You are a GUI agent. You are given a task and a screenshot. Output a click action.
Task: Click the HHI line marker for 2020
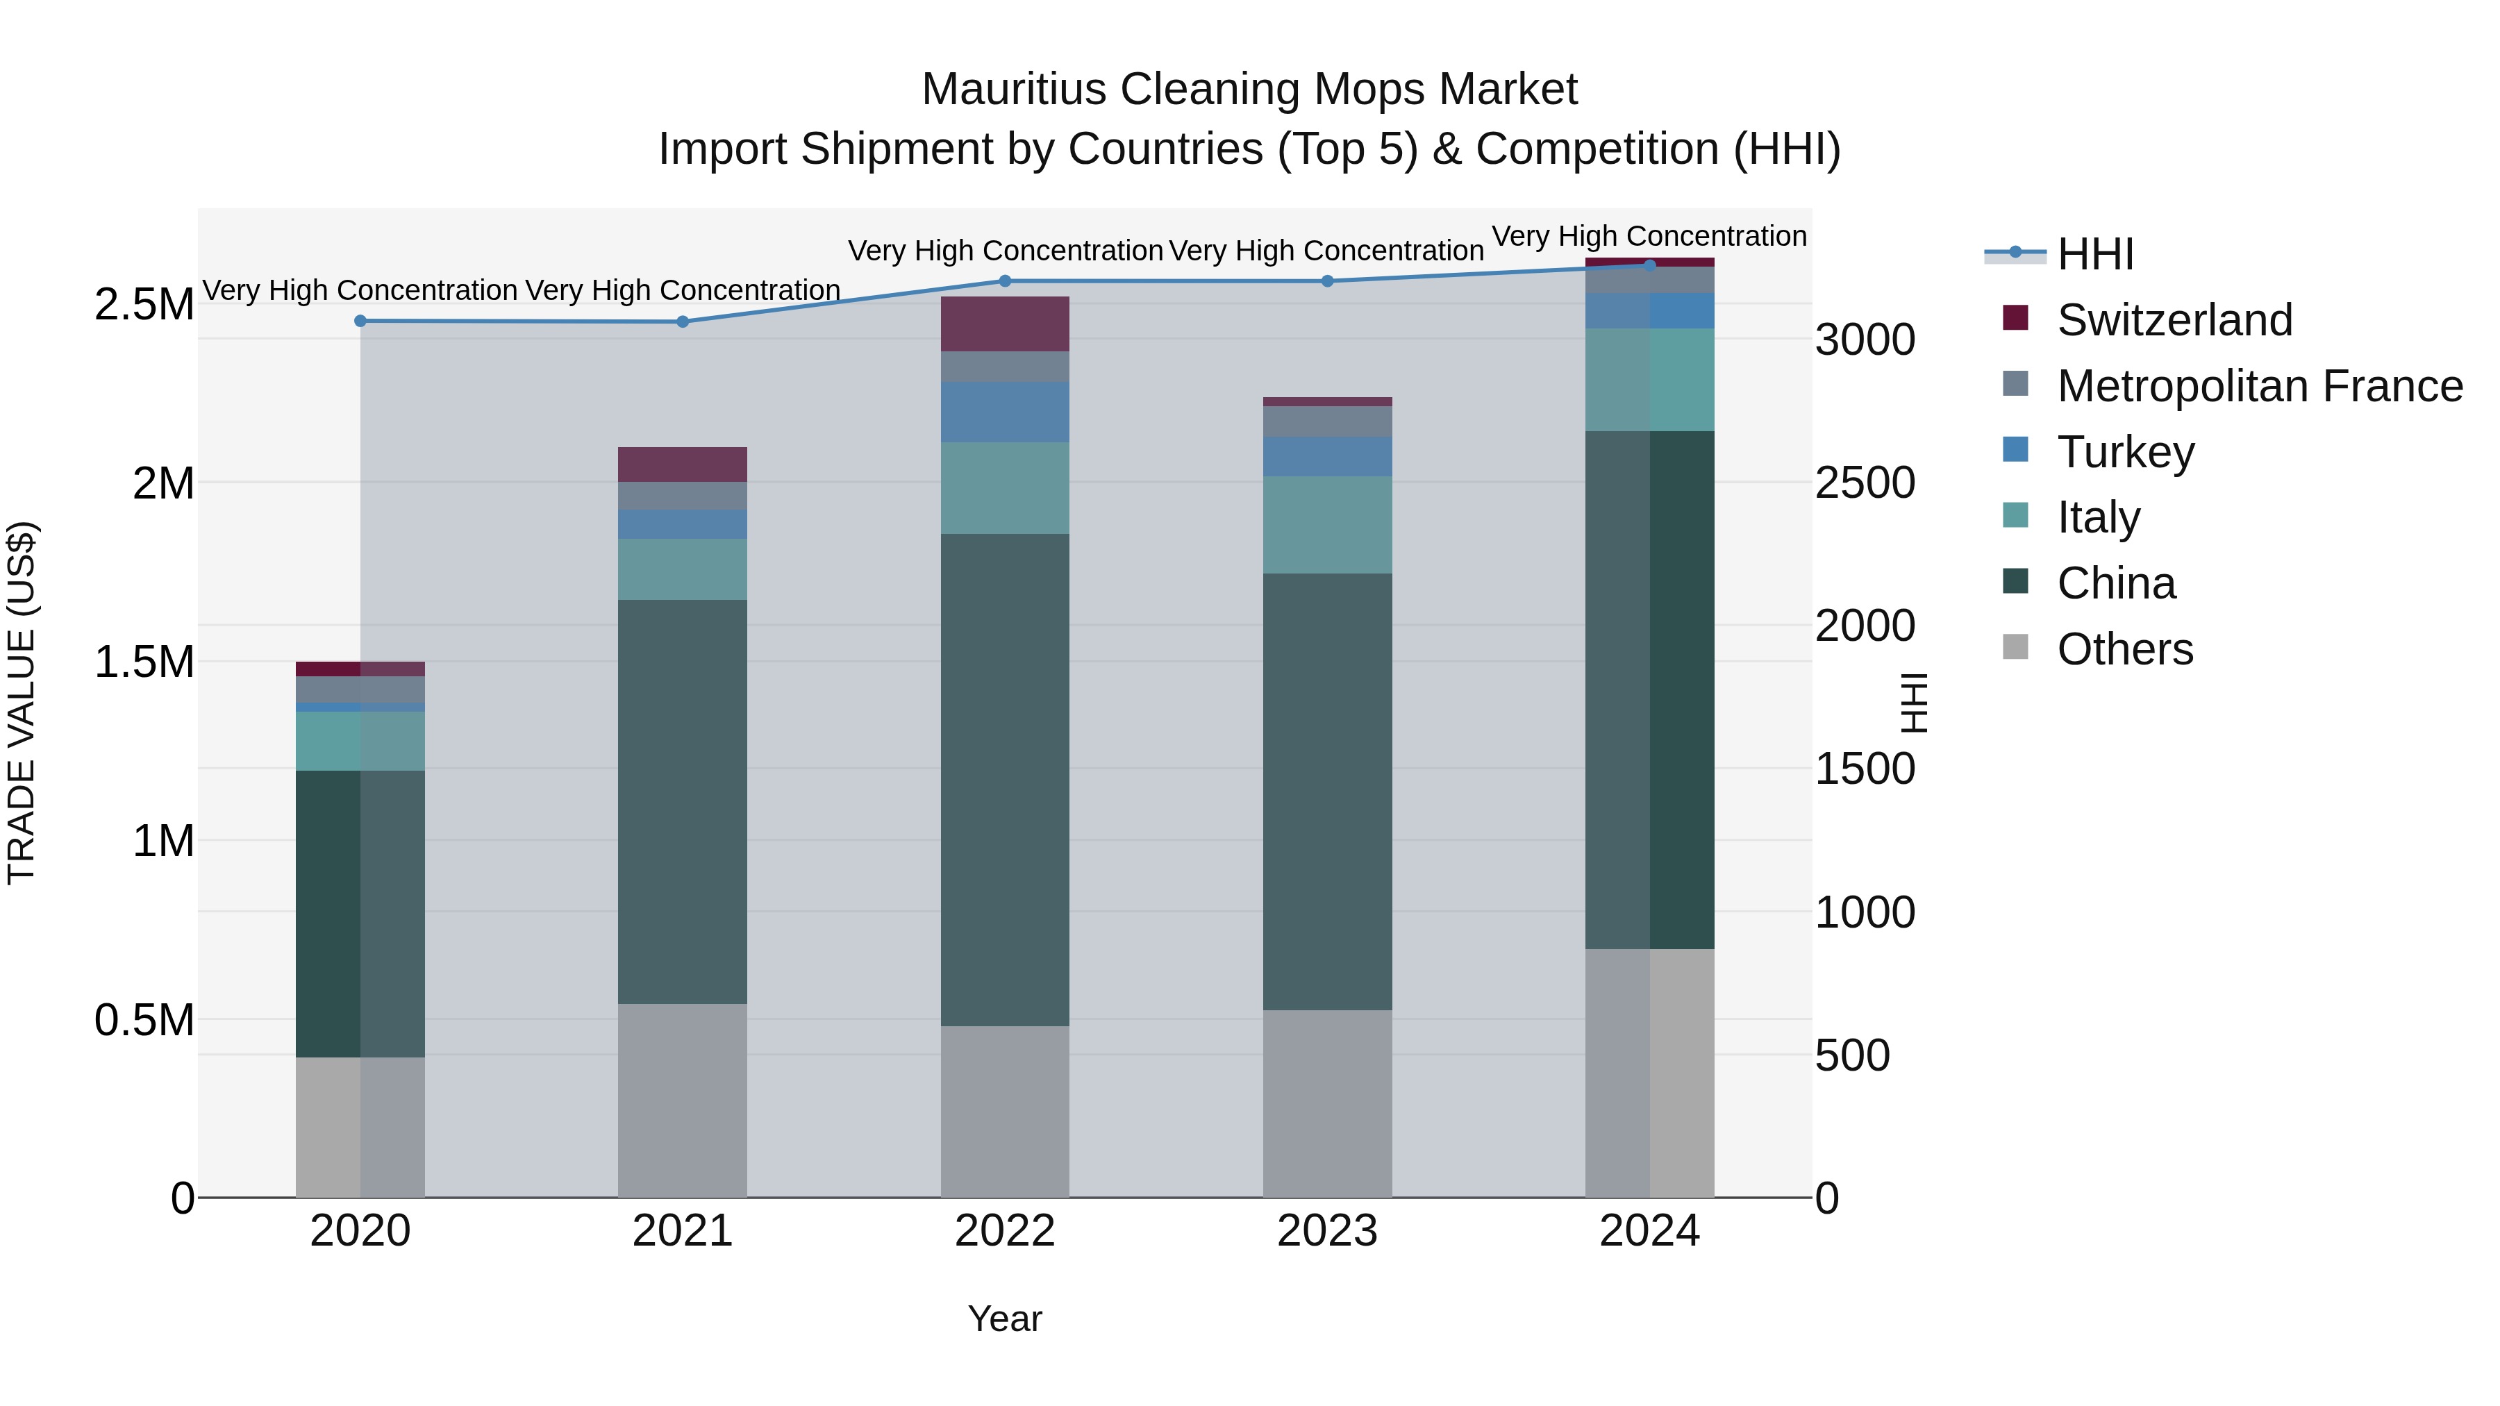pyautogui.click(x=360, y=321)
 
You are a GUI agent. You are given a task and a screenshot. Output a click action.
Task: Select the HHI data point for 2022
pyautogui.click(x=1004, y=281)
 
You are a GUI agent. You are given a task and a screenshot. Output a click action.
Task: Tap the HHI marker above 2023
pyautogui.click(x=1326, y=281)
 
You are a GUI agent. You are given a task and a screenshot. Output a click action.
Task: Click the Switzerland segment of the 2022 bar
pyautogui.click(x=1004, y=324)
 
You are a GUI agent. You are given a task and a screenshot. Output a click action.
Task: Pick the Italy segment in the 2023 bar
pyautogui.click(x=1326, y=524)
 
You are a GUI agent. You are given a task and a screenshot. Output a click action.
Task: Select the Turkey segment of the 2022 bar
pyautogui.click(x=1004, y=412)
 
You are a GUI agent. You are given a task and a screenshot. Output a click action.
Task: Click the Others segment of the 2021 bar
pyautogui.click(x=682, y=1100)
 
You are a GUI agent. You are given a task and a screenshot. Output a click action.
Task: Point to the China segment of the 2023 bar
pyautogui.click(x=1326, y=791)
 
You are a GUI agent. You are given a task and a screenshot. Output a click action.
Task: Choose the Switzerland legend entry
pyautogui.click(x=2174, y=320)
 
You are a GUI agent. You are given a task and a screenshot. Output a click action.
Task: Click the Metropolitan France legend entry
pyautogui.click(x=2259, y=386)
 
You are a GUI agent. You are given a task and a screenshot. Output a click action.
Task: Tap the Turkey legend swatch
pyautogui.click(x=2016, y=450)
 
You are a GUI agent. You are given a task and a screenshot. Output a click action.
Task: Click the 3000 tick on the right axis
pyautogui.click(x=1865, y=341)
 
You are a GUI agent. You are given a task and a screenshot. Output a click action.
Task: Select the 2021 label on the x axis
pyautogui.click(x=682, y=1231)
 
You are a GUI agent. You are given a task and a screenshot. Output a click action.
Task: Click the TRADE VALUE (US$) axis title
pyautogui.click(x=22, y=703)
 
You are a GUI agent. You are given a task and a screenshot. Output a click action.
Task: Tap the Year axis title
pyautogui.click(x=1004, y=1319)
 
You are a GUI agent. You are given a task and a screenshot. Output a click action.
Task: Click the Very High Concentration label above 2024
pyautogui.click(x=1649, y=237)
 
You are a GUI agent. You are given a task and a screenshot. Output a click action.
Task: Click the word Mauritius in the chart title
pyautogui.click(x=1013, y=90)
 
